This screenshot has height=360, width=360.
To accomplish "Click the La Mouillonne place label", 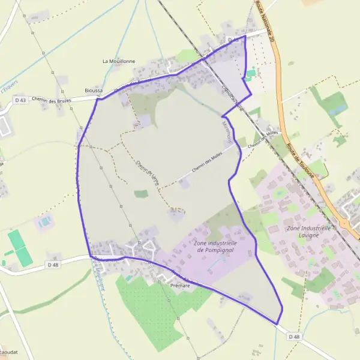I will click(119, 61).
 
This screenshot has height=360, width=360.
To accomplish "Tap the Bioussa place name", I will click(94, 90).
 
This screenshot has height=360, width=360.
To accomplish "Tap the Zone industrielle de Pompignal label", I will click(215, 246).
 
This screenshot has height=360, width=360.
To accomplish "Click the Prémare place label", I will click(180, 286).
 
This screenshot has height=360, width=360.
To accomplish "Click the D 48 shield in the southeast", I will click(294, 337).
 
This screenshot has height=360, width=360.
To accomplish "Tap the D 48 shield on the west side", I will click(53, 264).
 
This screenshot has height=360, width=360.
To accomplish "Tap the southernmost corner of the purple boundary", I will click(277, 323).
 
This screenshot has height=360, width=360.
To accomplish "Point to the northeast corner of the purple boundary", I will click(245, 36).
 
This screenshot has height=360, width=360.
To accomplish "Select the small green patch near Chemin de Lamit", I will click(141, 194).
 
